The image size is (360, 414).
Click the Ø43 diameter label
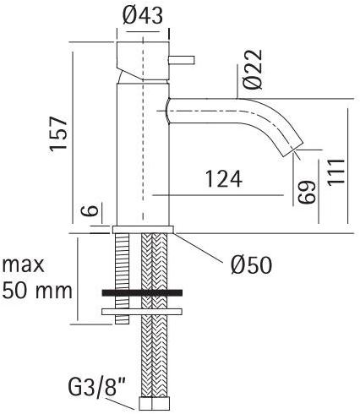point(144,14)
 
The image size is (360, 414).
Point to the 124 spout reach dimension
point(224,179)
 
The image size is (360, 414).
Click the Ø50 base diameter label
point(251,265)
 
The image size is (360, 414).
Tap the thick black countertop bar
point(143,292)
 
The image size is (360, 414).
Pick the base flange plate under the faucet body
point(143,228)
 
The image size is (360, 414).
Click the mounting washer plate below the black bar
point(143,311)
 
